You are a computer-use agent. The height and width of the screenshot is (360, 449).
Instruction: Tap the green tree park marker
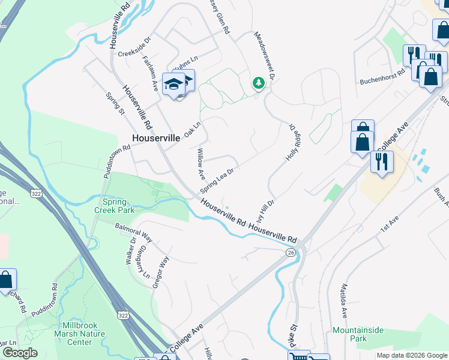258,83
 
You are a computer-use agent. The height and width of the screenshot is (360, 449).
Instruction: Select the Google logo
20,353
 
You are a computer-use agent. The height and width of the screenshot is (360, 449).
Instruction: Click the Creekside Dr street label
134,53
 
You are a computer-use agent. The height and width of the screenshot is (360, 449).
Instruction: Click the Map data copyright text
411,355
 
